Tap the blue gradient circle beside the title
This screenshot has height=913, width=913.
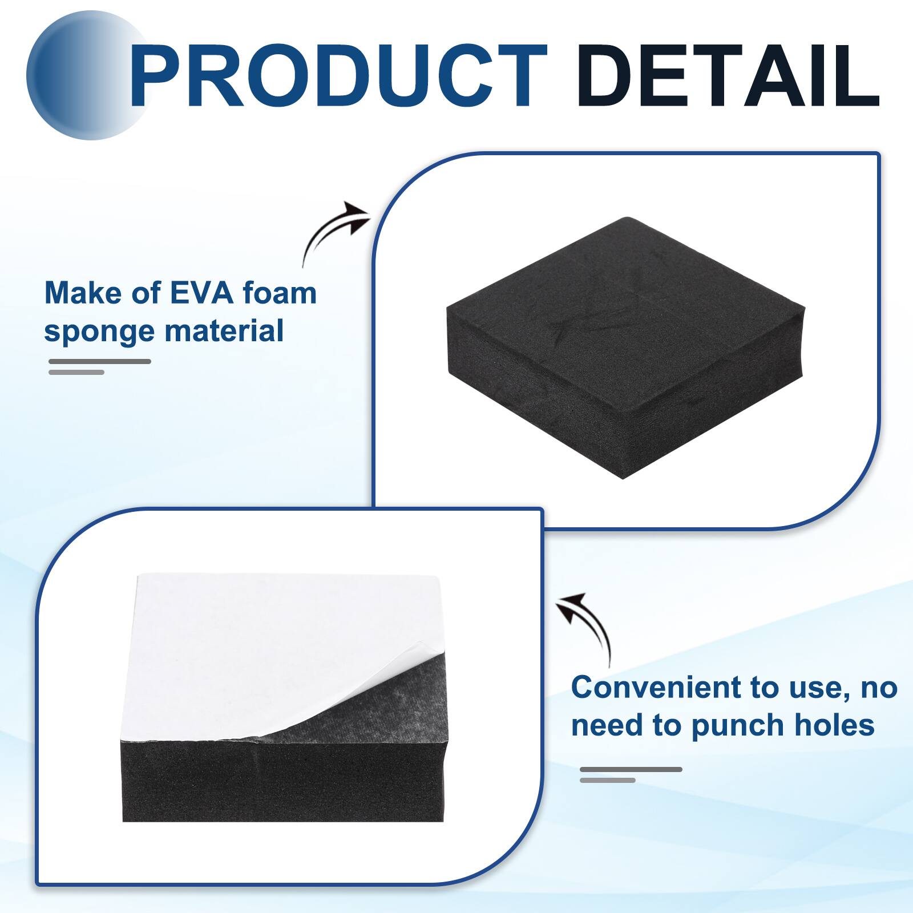tap(74, 77)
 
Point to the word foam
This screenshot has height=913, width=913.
tap(280, 293)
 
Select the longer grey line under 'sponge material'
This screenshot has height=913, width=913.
tap(100, 361)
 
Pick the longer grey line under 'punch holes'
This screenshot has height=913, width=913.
tap(631, 770)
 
